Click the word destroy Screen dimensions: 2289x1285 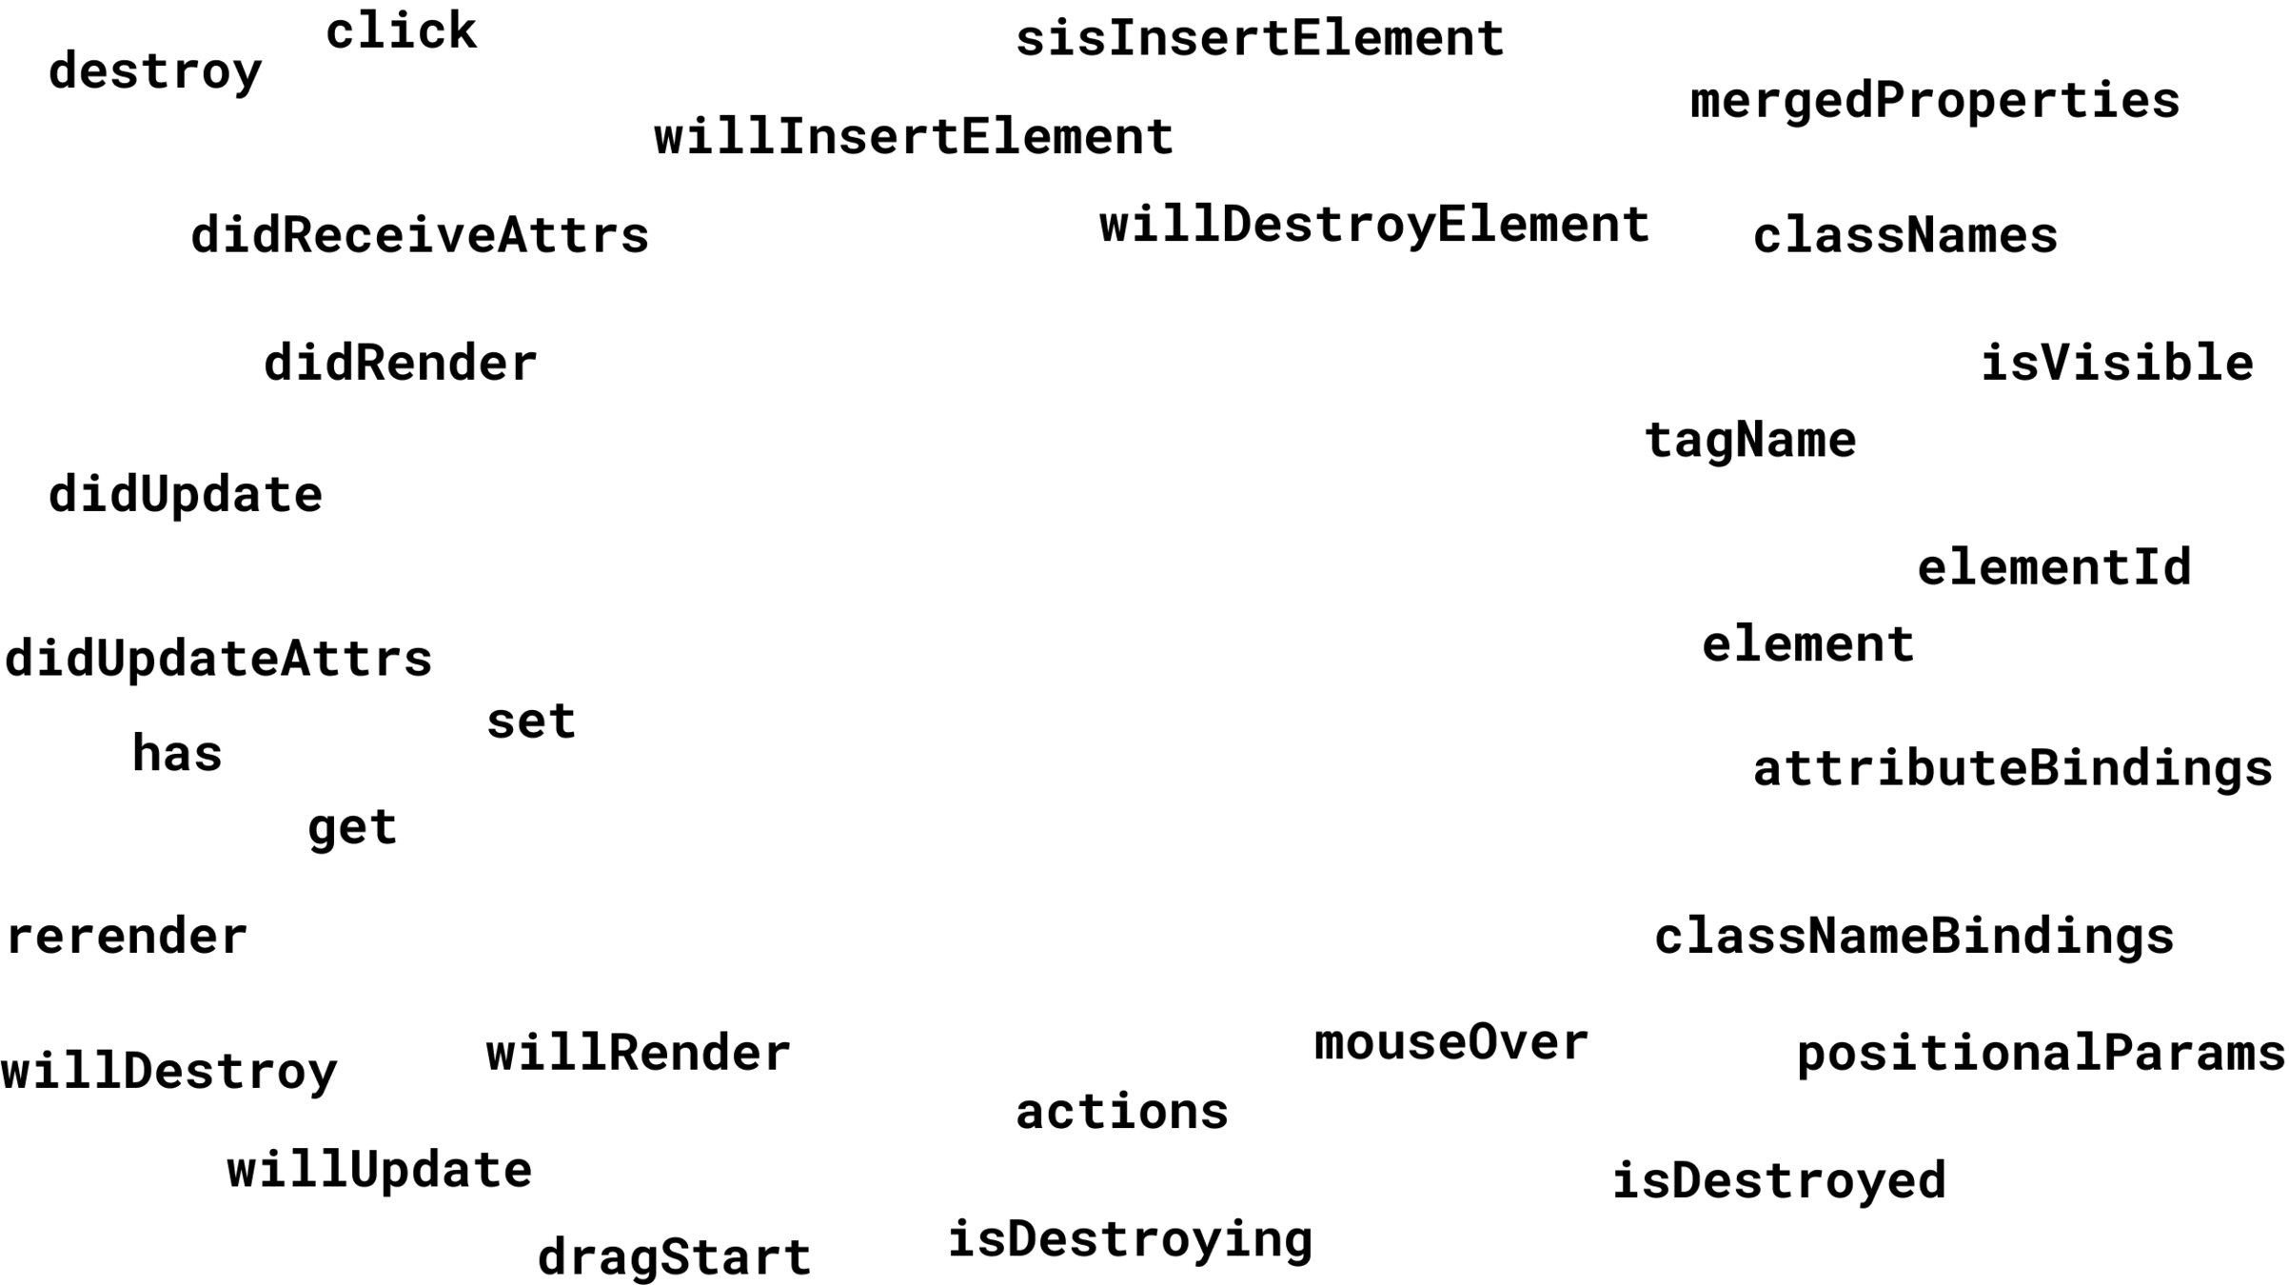coord(155,72)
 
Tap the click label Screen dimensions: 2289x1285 coord(401,31)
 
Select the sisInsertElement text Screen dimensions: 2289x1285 coord(1259,39)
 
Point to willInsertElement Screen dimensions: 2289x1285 coord(913,137)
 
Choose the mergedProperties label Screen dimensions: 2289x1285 coord(1934,101)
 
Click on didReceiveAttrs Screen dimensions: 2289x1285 coord(420,235)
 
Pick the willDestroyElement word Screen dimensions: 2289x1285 coord(1373,226)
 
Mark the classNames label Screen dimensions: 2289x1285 coord(1904,235)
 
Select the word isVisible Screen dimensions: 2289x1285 coord(2117,363)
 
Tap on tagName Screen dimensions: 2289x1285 coord(1749,441)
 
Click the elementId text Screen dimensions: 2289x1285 coord(2054,567)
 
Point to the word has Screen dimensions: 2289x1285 coord(177,754)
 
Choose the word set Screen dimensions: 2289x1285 coord(531,721)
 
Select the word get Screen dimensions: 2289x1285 coord(352,827)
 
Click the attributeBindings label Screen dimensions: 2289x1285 coord(2012,768)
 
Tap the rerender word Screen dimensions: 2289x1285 coord(127,937)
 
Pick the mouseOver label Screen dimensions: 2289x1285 coord(1450,1042)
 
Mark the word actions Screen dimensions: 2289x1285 coord(1121,1112)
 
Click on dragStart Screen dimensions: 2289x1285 coord(674,1256)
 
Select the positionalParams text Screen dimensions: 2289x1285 coord(2041,1054)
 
